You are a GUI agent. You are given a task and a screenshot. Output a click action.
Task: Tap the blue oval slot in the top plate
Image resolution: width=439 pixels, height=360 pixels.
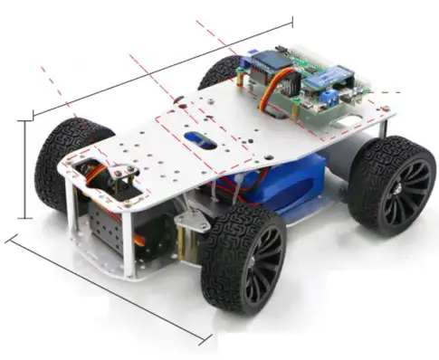[x=200, y=141]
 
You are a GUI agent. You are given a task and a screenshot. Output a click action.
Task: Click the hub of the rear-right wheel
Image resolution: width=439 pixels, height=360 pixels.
[x=398, y=189]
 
